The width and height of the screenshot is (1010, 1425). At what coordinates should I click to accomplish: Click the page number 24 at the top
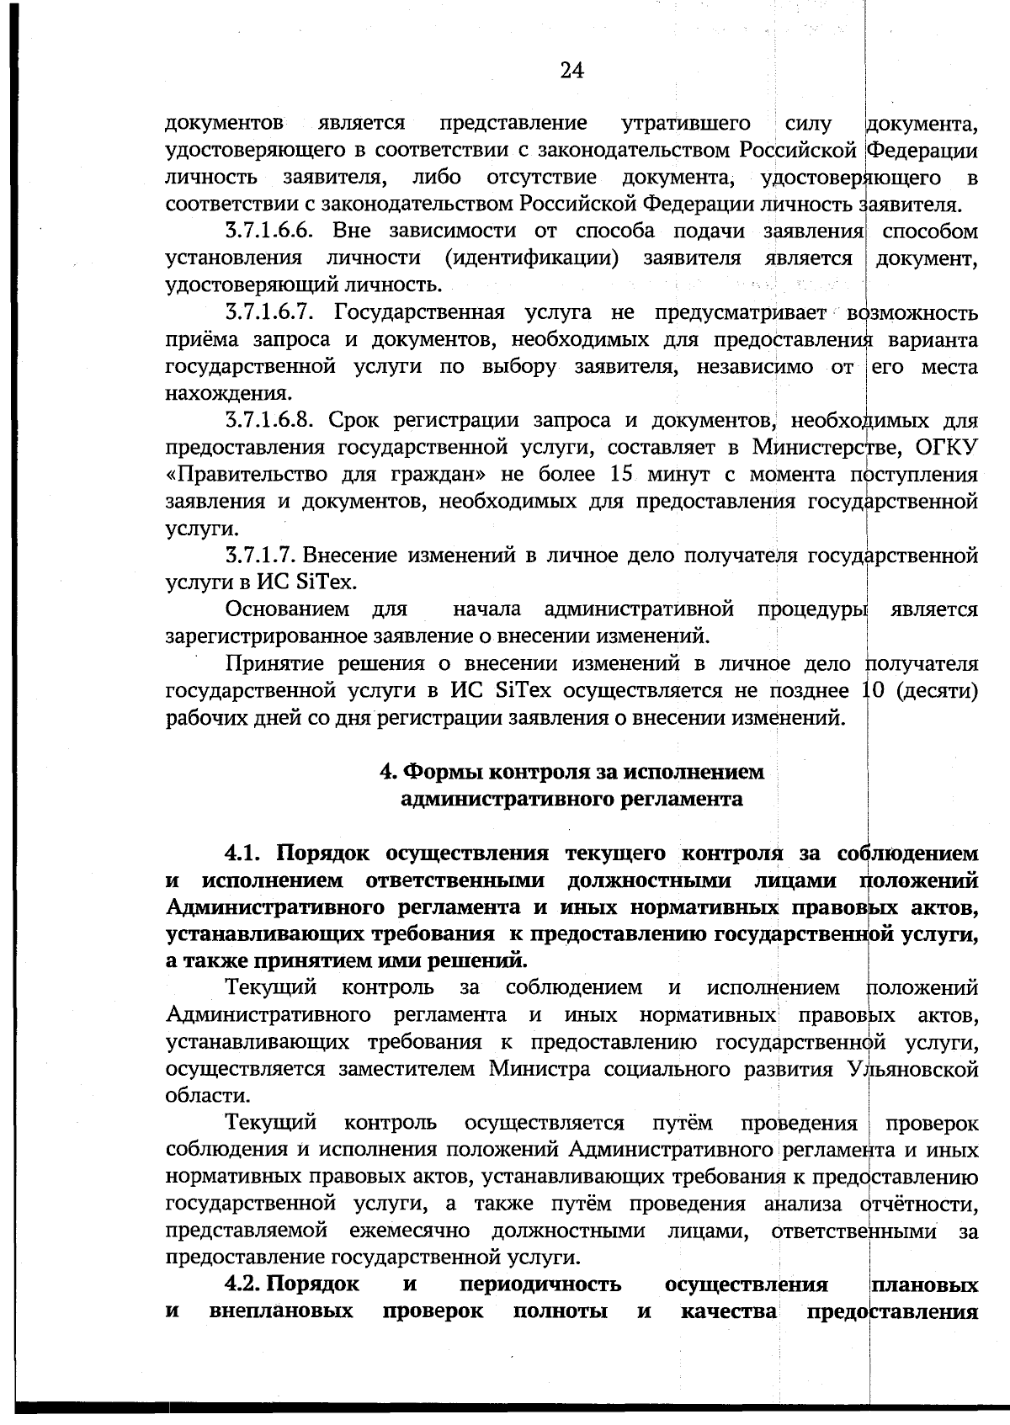click(571, 71)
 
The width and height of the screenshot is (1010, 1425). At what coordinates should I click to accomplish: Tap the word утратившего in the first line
click(686, 124)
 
